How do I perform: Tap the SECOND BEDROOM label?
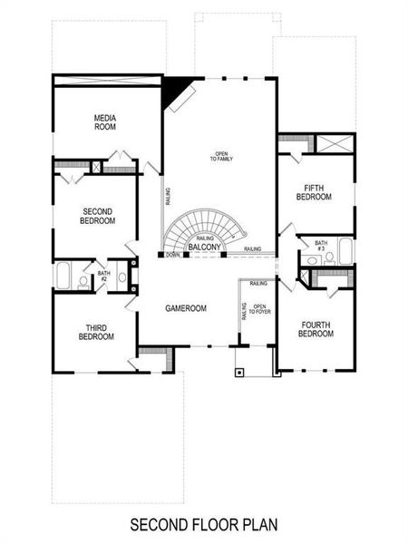pos(96,216)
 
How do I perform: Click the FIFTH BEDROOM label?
pos(315,192)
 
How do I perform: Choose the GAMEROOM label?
pos(186,308)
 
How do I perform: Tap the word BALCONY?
pos(206,247)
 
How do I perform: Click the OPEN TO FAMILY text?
pos(221,156)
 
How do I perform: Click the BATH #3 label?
pos(321,246)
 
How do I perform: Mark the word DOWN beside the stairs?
pos(173,256)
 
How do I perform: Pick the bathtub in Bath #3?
pos(346,251)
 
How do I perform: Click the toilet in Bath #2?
pos(83,280)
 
